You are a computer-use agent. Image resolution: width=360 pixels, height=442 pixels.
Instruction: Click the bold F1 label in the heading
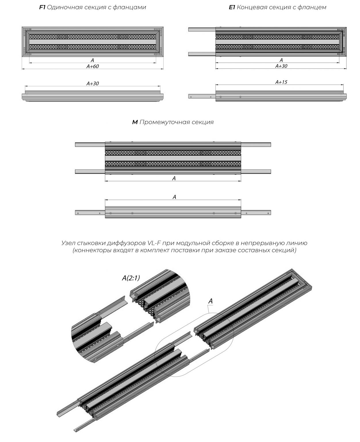tap(42, 7)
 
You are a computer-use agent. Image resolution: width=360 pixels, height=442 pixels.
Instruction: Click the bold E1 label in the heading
tap(232, 7)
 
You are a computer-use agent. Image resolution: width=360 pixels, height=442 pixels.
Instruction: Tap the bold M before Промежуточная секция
tap(135, 122)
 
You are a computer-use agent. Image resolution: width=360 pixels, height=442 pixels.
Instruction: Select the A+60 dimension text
tap(93, 66)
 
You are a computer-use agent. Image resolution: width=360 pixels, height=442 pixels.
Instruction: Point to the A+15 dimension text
tap(281, 82)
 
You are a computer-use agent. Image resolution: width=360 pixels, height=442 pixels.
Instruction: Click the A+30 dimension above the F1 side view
tap(93, 84)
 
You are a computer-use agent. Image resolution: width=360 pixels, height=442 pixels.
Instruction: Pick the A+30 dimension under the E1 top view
tap(281, 66)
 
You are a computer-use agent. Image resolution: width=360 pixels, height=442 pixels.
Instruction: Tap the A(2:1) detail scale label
tap(131, 278)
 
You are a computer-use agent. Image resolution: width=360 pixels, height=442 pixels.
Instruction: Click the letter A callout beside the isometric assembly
tap(210, 301)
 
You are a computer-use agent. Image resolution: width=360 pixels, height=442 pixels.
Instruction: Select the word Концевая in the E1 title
tap(250, 7)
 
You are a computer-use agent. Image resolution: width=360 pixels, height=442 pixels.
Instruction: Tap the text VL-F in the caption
tap(155, 243)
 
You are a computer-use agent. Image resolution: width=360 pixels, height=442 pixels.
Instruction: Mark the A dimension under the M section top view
tap(174, 179)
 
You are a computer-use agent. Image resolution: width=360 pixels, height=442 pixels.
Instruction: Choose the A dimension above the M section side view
tap(174, 197)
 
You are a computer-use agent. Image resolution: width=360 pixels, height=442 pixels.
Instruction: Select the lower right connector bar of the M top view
tap(256, 172)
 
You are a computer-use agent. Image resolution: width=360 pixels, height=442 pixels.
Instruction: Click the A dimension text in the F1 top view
tap(92, 60)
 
